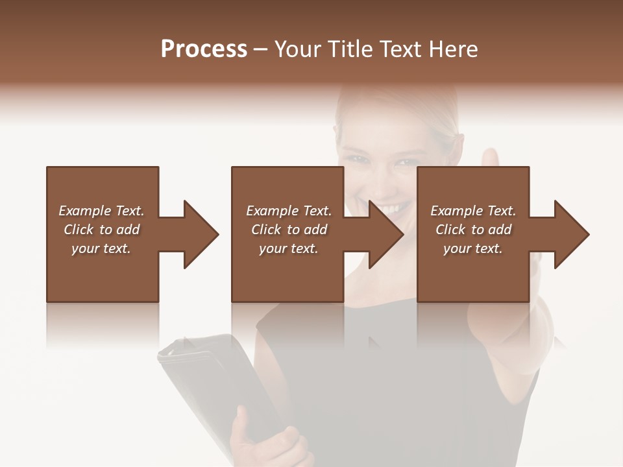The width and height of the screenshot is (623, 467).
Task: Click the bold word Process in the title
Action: [x=204, y=49]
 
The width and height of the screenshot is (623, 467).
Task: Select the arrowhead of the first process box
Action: [x=200, y=234]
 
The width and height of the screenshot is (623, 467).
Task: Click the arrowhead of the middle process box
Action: [x=385, y=234]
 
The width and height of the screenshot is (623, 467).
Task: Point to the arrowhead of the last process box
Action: [x=571, y=234]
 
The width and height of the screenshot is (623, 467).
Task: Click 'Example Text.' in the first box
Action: [x=101, y=211]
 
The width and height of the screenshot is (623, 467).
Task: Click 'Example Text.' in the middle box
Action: [x=289, y=211]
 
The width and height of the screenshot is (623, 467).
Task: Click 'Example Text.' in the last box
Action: [x=473, y=211]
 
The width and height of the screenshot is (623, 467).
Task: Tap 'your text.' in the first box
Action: [x=101, y=248]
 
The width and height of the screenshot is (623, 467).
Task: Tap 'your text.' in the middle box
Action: [x=289, y=248]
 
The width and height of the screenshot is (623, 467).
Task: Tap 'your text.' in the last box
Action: [x=473, y=248]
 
